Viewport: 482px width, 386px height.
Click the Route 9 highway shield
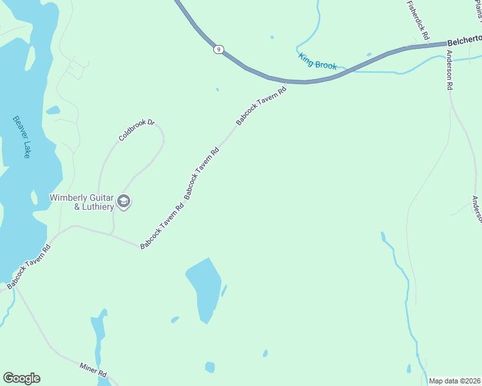pos(220,49)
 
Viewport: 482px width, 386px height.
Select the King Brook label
pos(317,61)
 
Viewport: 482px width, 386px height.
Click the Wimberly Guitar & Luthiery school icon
pos(124,203)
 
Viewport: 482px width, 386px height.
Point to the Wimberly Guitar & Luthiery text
pos(82,202)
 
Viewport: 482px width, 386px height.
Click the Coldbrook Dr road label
pos(137,130)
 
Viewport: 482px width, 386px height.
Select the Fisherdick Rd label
pos(417,20)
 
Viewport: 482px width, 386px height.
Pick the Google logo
pos(21,378)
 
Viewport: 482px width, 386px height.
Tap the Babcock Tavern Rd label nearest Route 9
pos(260,103)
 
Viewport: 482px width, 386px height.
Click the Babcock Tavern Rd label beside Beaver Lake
pos(28,266)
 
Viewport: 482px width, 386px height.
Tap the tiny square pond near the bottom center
pos(209,367)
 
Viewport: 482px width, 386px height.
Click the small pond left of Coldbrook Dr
pos(53,110)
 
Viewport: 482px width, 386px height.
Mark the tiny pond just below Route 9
pos(217,89)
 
